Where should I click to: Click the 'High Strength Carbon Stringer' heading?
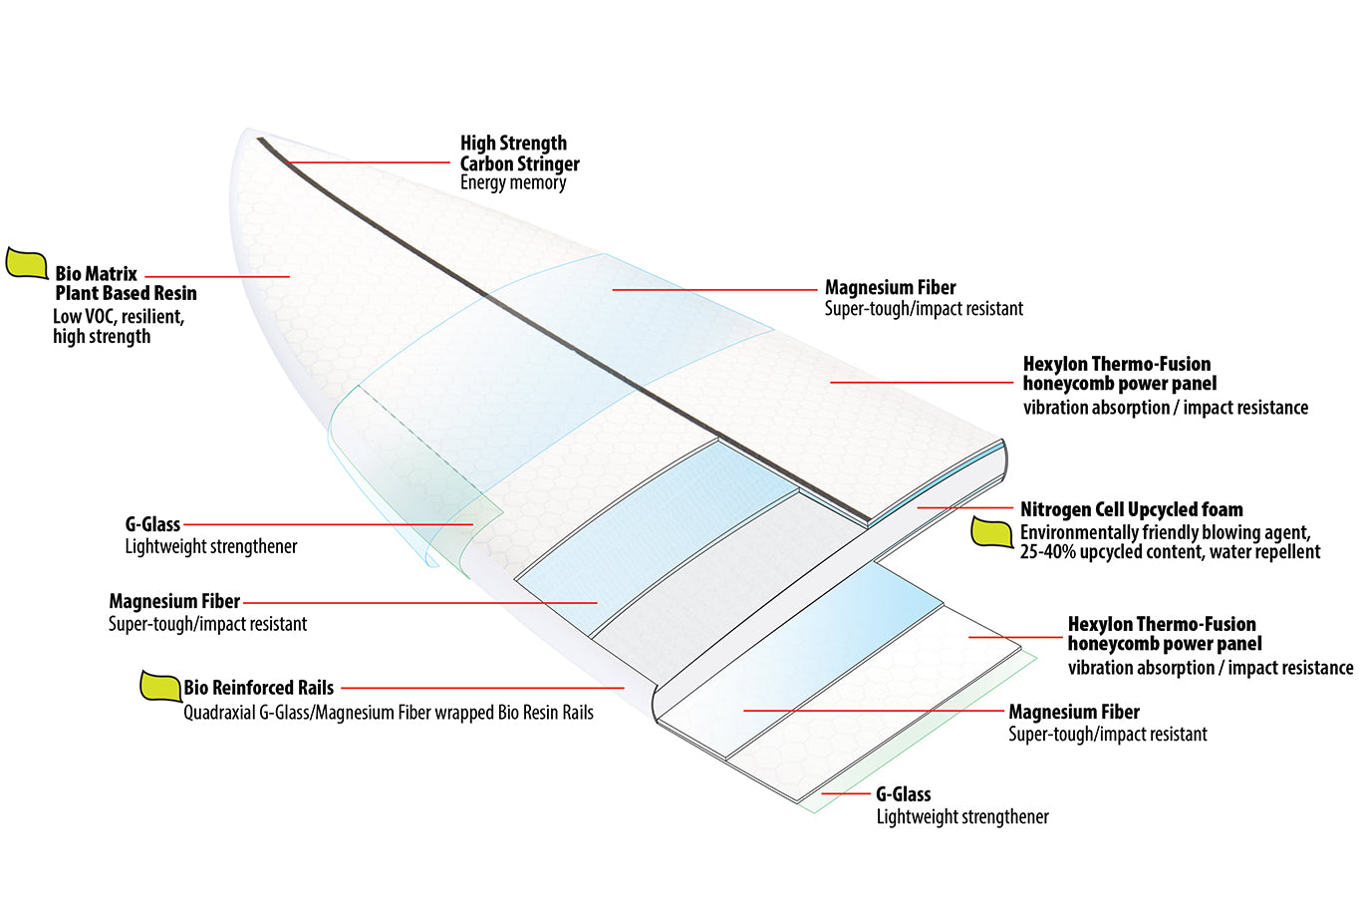click(518, 153)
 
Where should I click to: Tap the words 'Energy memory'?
click(512, 183)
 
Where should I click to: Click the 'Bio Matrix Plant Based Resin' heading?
click(126, 283)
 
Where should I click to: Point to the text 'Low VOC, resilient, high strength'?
click(118, 327)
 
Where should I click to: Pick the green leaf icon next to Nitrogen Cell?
click(991, 533)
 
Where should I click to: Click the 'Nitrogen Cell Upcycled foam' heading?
click(1131, 509)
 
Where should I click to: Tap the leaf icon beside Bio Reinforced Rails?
click(159, 686)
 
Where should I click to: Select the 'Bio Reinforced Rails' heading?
click(258, 688)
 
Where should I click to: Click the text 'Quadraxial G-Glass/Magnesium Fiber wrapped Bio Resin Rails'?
click(388, 713)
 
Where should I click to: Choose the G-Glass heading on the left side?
click(152, 524)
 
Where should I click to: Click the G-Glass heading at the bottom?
click(903, 794)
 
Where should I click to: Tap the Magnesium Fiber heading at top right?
click(890, 288)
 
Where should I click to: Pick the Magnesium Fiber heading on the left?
click(174, 602)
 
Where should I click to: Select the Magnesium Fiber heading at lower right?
click(1073, 712)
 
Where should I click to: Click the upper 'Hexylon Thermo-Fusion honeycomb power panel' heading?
click(1118, 374)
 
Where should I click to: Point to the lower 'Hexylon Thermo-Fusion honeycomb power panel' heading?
click(1163, 634)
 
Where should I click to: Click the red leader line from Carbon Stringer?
click(369, 162)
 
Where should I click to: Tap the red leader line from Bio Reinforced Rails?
click(483, 688)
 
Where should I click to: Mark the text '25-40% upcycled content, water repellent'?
click(1170, 552)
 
